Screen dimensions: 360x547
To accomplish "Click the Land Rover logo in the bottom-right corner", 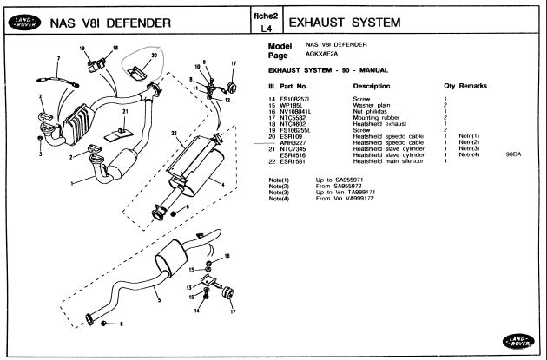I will coord(519,341).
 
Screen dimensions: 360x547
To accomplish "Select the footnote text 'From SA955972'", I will coord(334,185).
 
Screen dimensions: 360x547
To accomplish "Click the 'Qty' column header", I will coord(449,87).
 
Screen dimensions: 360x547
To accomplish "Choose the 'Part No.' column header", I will coord(295,87).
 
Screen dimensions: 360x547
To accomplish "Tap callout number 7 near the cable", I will coord(58,58).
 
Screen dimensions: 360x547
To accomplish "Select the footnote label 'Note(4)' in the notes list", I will coord(279,197).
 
